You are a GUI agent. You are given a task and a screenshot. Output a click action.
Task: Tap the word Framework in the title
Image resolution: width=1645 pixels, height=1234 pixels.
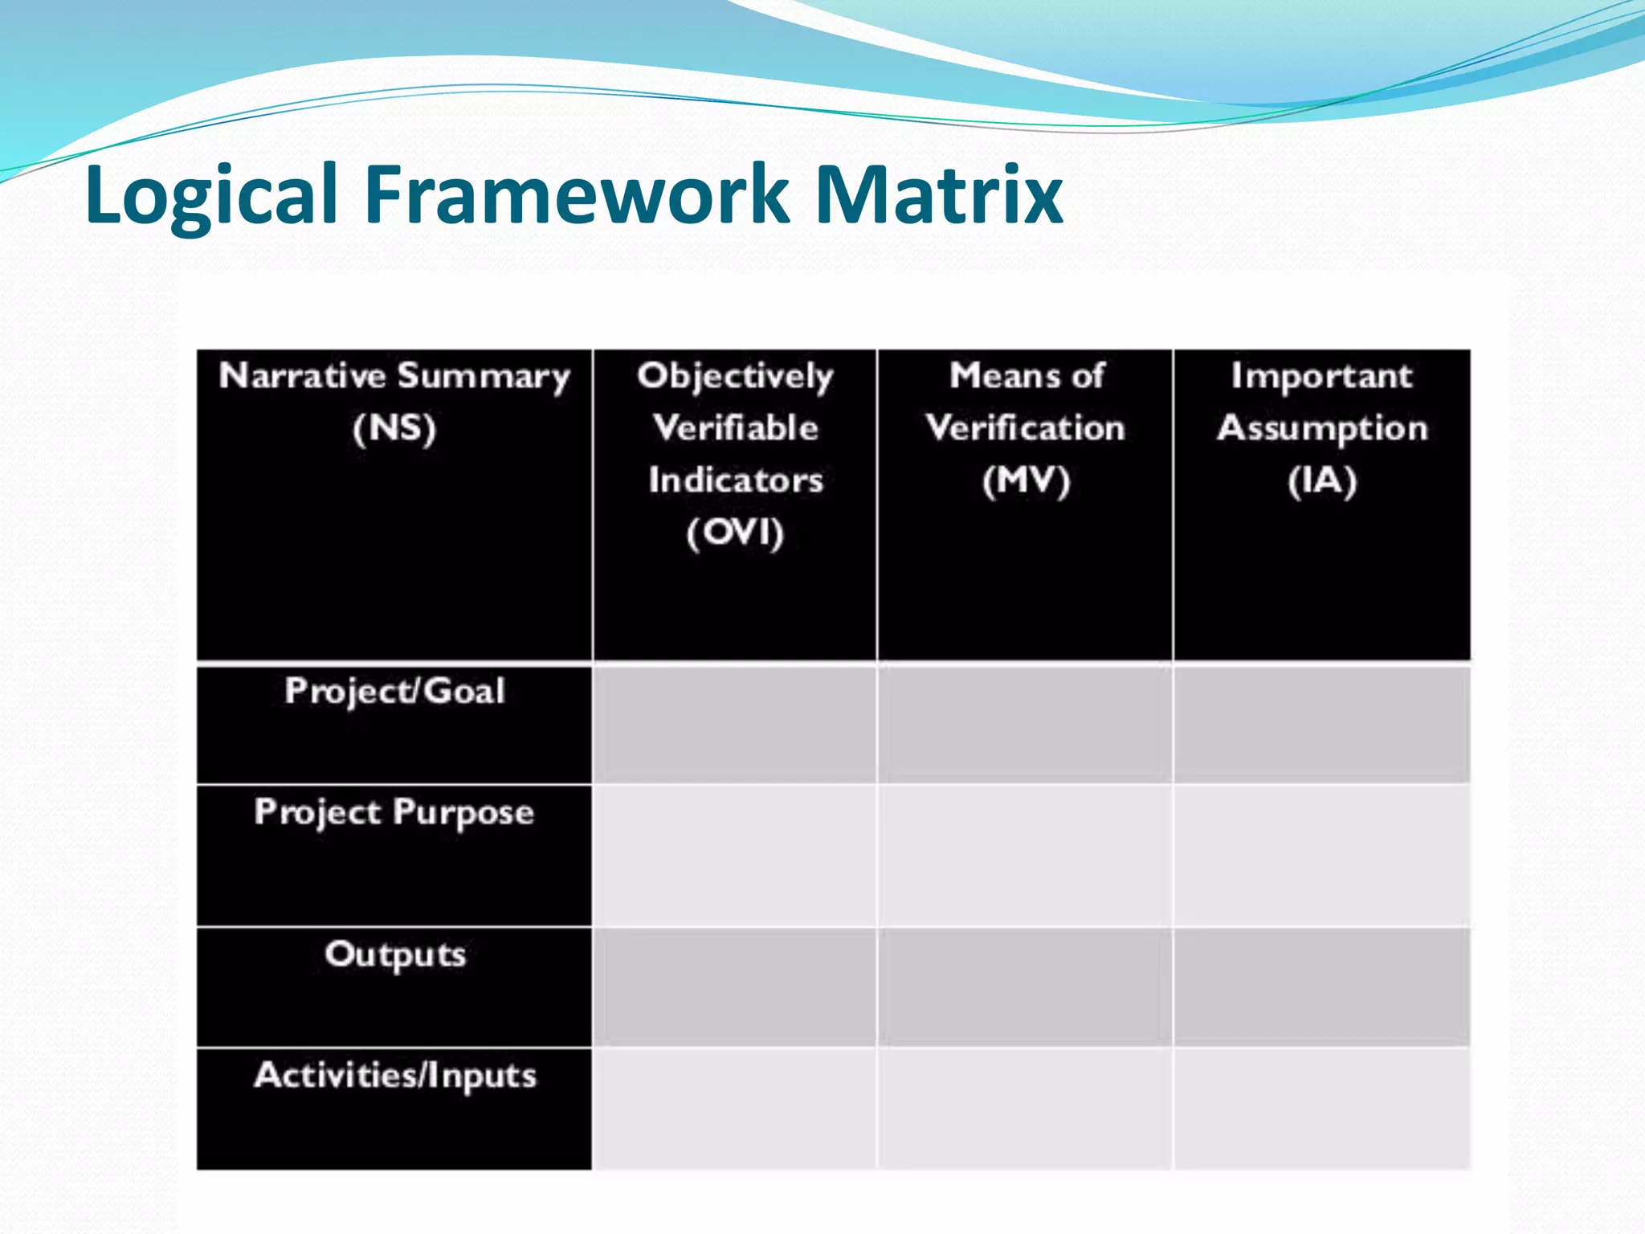(x=577, y=194)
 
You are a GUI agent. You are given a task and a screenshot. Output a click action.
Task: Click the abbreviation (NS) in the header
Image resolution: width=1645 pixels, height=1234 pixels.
(x=394, y=427)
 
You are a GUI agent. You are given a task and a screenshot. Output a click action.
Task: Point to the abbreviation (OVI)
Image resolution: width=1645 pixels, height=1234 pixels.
(x=735, y=533)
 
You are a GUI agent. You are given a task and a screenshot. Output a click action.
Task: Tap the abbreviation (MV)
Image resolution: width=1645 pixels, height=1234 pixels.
(x=1026, y=480)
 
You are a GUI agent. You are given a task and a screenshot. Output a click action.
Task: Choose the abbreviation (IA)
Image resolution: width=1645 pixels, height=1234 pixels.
(x=1322, y=480)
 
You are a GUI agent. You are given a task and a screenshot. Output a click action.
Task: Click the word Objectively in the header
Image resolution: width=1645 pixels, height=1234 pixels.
(x=735, y=376)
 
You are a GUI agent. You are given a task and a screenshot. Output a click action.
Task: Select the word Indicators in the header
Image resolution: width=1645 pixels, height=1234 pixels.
(x=735, y=480)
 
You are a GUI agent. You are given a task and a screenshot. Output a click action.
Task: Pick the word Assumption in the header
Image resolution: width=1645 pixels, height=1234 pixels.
(x=1322, y=428)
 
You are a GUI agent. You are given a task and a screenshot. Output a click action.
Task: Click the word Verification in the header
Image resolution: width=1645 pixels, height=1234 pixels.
(x=1025, y=428)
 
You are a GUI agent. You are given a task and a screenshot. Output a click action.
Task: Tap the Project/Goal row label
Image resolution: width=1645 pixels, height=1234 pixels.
(x=394, y=692)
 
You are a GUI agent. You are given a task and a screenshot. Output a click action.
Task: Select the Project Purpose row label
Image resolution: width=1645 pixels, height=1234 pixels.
(x=394, y=812)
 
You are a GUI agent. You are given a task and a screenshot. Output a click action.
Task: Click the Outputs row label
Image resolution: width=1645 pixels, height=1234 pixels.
(x=394, y=954)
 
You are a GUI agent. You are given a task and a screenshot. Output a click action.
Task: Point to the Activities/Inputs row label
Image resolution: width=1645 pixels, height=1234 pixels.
(x=394, y=1076)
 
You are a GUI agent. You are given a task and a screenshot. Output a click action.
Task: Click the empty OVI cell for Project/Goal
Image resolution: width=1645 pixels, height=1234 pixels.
(x=735, y=725)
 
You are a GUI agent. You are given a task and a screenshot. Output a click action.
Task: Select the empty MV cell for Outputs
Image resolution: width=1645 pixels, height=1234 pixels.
(x=1025, y=987)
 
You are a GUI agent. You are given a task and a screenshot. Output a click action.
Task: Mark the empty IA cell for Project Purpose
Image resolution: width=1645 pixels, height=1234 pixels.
(x=1322, y=856)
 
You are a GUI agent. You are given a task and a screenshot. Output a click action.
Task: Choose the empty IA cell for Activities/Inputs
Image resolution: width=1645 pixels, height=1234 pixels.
(x=1322, y=1109)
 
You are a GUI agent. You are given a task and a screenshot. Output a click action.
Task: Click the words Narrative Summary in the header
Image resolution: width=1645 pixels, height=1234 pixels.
(x=394, y=376)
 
